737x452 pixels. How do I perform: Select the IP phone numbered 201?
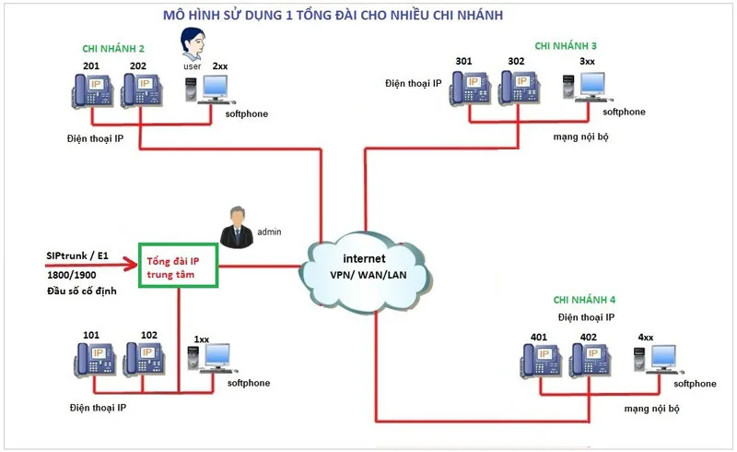(92, 90)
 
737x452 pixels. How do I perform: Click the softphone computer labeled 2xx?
(209, 89)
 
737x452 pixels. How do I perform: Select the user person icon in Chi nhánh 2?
(192, 44)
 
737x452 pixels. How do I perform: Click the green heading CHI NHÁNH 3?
(566, 45)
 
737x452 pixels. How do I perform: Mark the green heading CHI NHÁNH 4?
(584, 300)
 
